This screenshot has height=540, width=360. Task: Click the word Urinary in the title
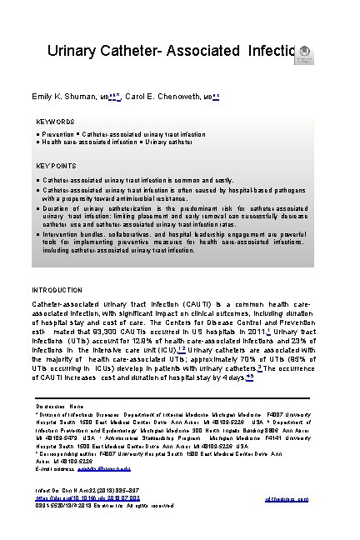tap(75, 52)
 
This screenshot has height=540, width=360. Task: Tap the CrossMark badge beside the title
tap(306, 52)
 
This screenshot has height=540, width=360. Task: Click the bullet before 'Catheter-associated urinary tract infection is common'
tap(52, 179)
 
